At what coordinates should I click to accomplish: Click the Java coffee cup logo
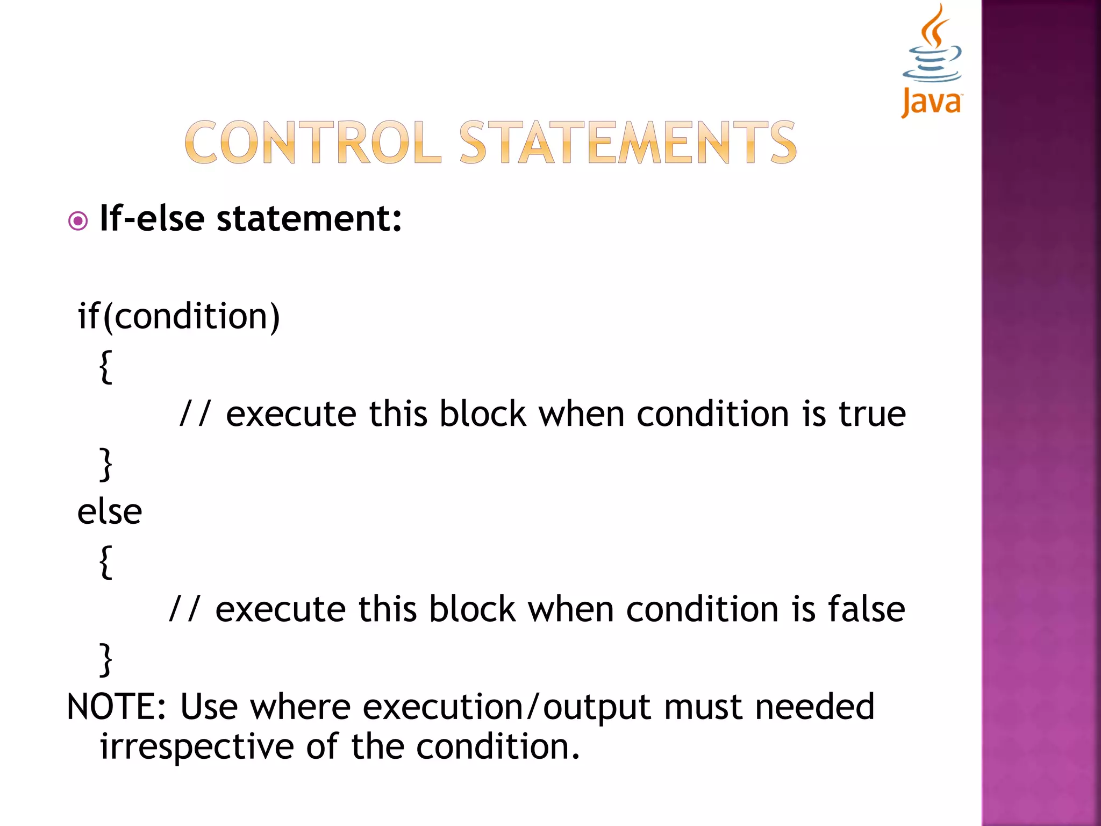pos(932,59)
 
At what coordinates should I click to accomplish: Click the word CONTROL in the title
pos(312,143)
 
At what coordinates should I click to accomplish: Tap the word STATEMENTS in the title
pos(627,143)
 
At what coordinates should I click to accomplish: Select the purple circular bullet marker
pos(78,221)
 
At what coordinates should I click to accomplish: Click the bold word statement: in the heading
pos(309,219)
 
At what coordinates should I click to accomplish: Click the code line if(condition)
pos(179,316)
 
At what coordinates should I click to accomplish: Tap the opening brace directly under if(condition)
pos(106,367)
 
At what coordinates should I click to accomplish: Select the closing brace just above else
pos(106,464)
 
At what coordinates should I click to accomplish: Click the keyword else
pos(110,511)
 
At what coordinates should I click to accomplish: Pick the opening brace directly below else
pos(106,561)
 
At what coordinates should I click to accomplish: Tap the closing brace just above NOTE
pos(106,659)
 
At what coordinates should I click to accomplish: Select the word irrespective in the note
pos(197,747)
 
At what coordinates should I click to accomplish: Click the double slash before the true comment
pos(195,414)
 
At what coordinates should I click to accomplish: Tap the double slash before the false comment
pos(184,609)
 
